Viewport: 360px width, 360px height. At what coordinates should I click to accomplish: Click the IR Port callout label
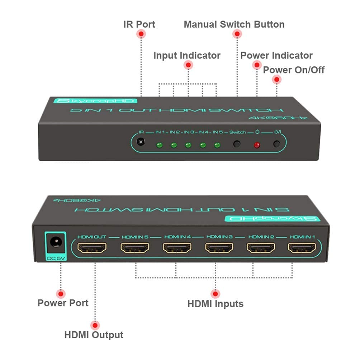pos(139,24)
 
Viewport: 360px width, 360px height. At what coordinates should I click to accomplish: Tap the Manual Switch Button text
pos(234,24)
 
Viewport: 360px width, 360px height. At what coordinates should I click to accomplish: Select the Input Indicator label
pos(187,56)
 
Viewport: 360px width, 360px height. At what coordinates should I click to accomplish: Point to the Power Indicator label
pos(276,56)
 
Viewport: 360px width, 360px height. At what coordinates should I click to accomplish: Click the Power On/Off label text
pos(294,70)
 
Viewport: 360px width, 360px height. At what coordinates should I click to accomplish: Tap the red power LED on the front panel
pos(256,145)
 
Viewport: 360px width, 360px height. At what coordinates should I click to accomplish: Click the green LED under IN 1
pos(159,145)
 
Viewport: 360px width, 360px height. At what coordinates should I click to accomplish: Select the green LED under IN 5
pos(217,145)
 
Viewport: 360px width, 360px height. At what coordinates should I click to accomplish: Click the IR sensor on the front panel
pos(141,142)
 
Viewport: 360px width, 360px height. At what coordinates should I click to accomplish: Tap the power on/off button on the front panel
pos(276,144)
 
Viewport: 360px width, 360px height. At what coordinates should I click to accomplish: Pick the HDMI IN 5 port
pos(135,248)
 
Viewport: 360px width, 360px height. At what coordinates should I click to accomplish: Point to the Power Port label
pos(63,303)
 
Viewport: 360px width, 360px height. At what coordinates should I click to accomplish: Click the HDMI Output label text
pos(94,335)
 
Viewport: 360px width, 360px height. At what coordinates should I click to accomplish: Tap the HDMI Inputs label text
pos(215,304)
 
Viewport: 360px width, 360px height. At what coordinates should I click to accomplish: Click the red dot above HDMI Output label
pos(95,325)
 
